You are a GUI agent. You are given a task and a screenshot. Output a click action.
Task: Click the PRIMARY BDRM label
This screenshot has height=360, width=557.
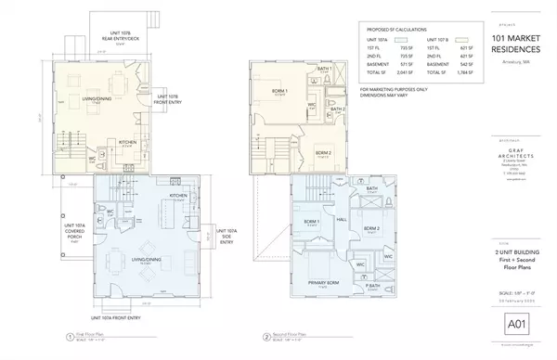[x=324, y=282]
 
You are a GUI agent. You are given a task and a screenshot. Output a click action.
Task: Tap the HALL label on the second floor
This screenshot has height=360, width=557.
[x=342, y=220]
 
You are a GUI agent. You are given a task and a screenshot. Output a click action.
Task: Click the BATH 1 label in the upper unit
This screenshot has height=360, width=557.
[x=323, y=69]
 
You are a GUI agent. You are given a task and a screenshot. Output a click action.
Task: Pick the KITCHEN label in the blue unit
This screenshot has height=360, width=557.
[x=179, y=197]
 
